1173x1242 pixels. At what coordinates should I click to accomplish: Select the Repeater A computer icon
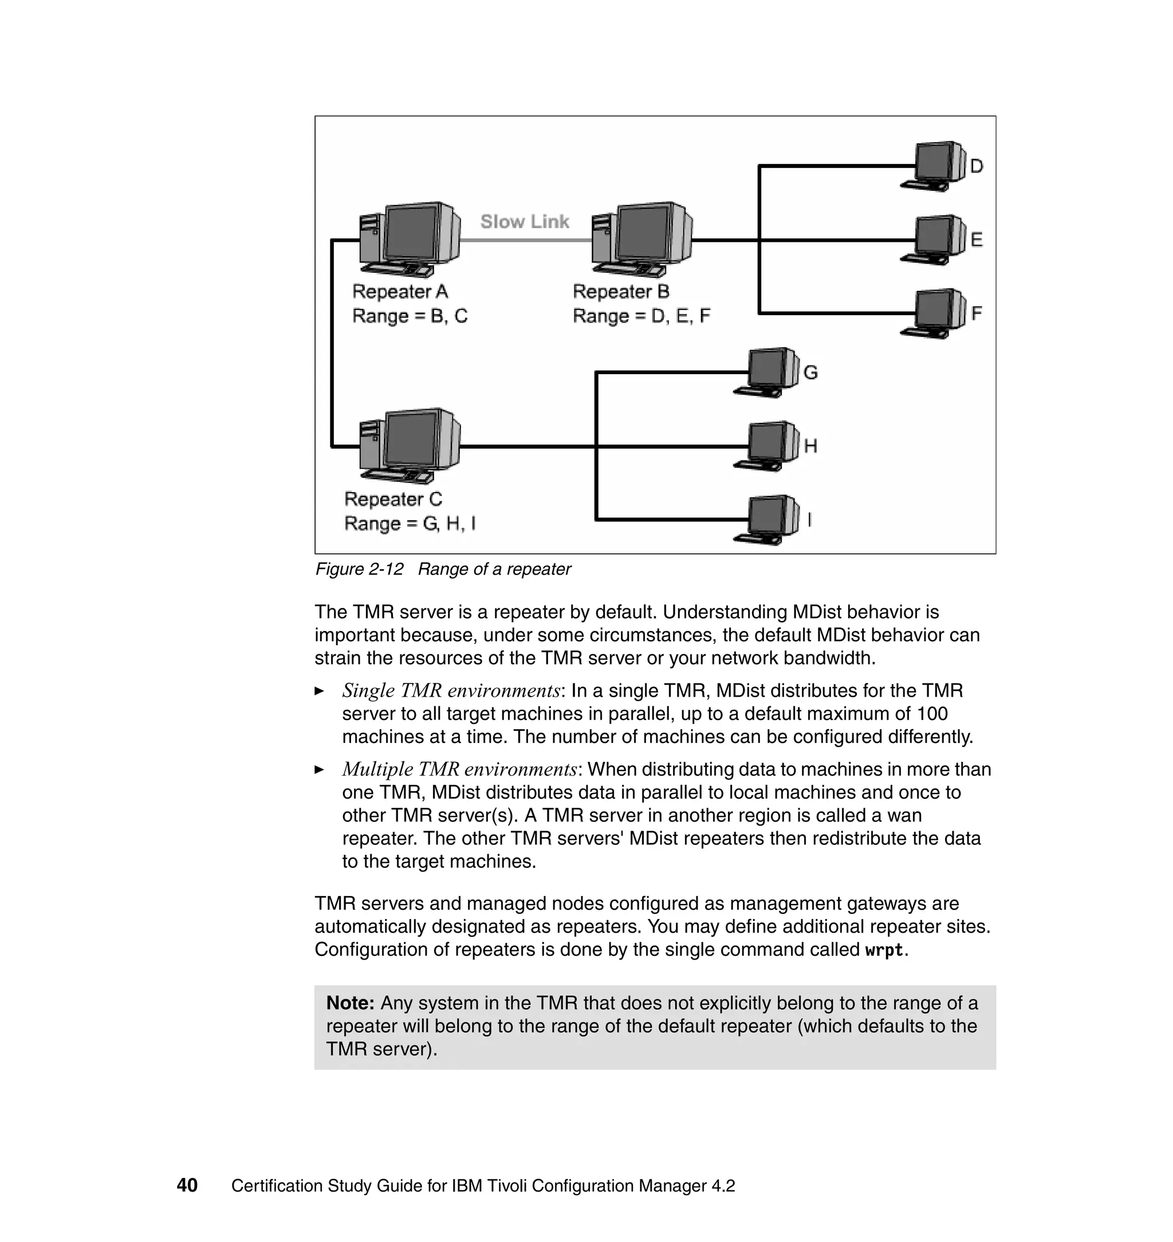[410, 240]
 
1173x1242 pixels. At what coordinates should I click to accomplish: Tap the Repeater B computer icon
[641, 240]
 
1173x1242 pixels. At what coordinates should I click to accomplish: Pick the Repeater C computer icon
[410, 446]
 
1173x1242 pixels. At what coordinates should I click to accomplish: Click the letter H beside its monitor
[810, 446]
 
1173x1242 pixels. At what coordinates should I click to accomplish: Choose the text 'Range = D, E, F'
[641, 316]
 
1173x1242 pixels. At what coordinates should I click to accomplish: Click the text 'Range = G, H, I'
[410, 523]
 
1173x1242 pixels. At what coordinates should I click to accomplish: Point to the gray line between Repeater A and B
[525, 240]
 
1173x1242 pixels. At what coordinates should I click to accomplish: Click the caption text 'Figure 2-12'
[359, 569]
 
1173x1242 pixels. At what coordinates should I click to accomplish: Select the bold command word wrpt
[884, 950]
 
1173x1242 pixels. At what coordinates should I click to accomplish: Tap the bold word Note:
[350, 1003]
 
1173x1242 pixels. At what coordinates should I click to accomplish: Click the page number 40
[187, 1185]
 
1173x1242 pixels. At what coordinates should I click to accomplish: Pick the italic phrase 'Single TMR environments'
[451, 690]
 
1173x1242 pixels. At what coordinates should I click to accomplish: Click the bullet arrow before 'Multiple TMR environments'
[320, 769]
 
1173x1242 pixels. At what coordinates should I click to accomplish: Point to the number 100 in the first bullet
[932, 714]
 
